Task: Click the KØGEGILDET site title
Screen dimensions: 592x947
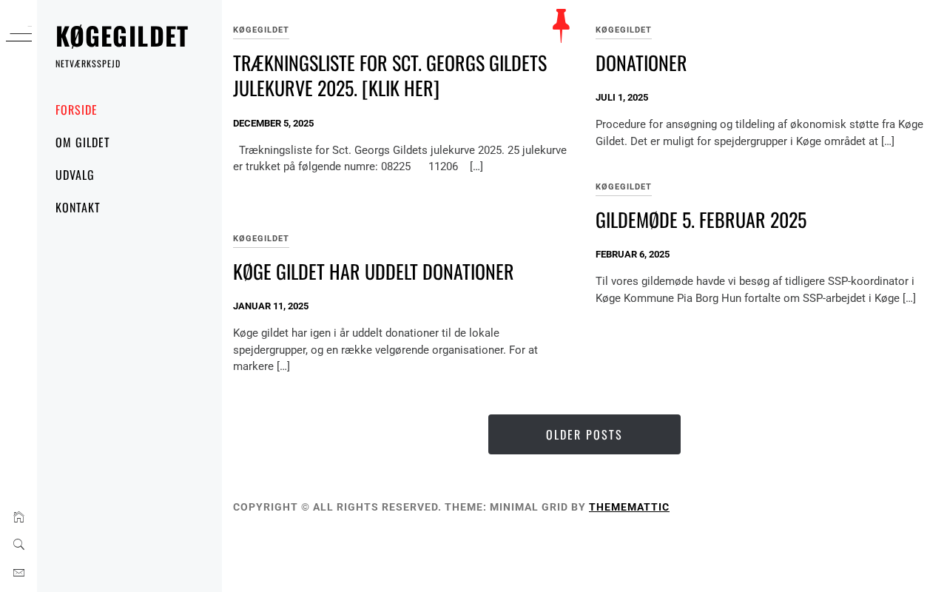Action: [x=122, y=36]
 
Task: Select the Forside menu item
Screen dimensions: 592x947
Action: [x=76, y=110]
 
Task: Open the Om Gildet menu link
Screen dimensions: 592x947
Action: [x=83, y=143]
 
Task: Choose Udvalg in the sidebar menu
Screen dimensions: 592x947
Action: [x=75, y=175]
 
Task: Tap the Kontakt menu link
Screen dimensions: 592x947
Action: [x=78, y=208]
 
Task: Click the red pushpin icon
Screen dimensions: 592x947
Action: [x=561, y=25]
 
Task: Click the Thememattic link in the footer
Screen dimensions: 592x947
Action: [x=629, y=507]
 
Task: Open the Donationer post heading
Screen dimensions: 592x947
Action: [x=641, y=64]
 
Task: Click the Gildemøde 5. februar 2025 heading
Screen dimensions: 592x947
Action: [x=701, y=221]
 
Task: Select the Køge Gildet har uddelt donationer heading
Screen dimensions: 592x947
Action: [x=373, y=272]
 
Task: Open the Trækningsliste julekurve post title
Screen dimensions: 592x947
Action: [x=390, y=75]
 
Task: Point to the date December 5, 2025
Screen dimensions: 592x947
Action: [x=273, y=124]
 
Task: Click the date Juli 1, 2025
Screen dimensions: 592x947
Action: [x=621, y=98]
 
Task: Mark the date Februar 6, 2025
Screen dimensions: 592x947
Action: [x=633, y=255]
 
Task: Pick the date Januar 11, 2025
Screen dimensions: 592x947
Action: [x=271, y=306]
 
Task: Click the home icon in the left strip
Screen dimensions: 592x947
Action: [x=18, y=517]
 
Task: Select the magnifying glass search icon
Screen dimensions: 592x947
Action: [x=18, y=545]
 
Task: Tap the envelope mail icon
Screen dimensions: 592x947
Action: [x=18, y=573]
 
